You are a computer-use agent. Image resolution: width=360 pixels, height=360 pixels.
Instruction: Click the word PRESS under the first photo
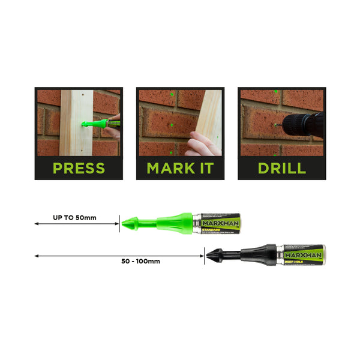tap(79, 168)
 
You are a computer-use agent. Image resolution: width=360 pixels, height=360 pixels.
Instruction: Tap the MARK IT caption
tap(180, 168)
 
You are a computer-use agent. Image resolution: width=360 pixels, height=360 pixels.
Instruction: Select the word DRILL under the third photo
tap(281, 168)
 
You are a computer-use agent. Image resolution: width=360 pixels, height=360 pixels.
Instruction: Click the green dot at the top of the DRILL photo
tap(275, 91)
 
